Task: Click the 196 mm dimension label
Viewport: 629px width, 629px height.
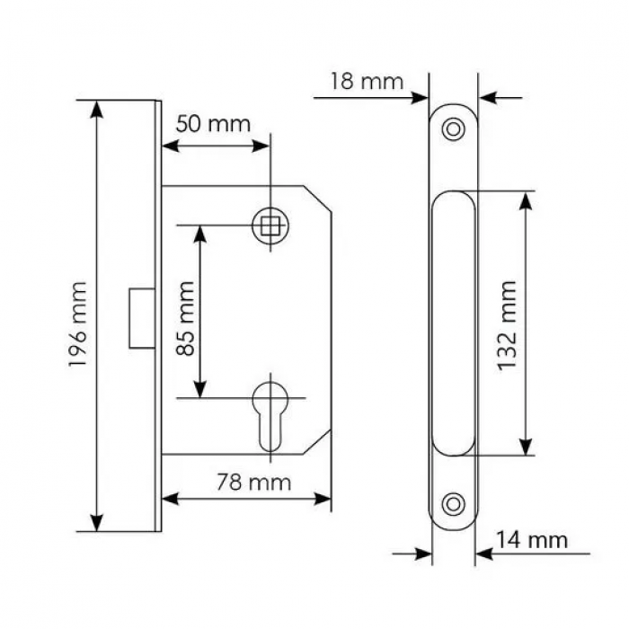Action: coord(78,324)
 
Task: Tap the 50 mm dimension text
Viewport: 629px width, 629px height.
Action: coord(213,124)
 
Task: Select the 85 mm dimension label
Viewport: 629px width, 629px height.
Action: coord(186,318)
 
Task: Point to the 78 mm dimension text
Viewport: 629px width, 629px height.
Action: coord(253,483)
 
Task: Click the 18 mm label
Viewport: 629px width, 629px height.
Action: coord(367,82)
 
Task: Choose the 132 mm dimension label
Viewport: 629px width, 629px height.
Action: coord(506,325)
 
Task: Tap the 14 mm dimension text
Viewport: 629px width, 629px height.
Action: coord(532,540)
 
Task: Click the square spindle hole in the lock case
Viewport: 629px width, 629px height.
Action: coord(270,225)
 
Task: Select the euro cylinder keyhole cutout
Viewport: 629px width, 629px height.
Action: coord(270,416)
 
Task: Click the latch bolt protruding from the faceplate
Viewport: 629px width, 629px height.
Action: coord(142,318)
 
